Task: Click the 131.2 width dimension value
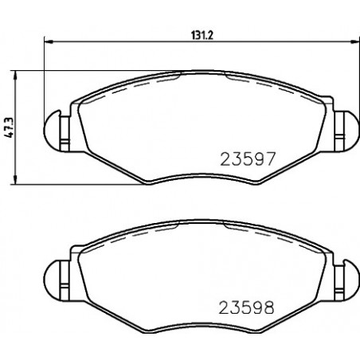tap(202, 35)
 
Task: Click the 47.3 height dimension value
tap(9, 127)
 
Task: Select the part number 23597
tap(247, 159)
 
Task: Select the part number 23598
tap(246, 307)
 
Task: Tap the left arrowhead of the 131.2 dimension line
tap(48, 41)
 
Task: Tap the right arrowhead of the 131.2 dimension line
tap(354, 41)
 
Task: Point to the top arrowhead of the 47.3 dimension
tap(15, 76)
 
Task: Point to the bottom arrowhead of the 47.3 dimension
tap(15, 179)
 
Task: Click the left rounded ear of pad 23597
tap(52, 131)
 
